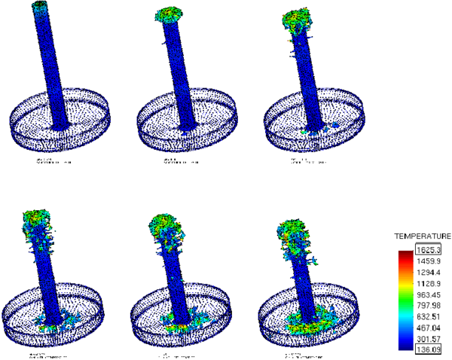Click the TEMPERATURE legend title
click(417, 236)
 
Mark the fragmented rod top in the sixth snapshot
click(296, 230)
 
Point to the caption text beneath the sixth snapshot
click(302, 352)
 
